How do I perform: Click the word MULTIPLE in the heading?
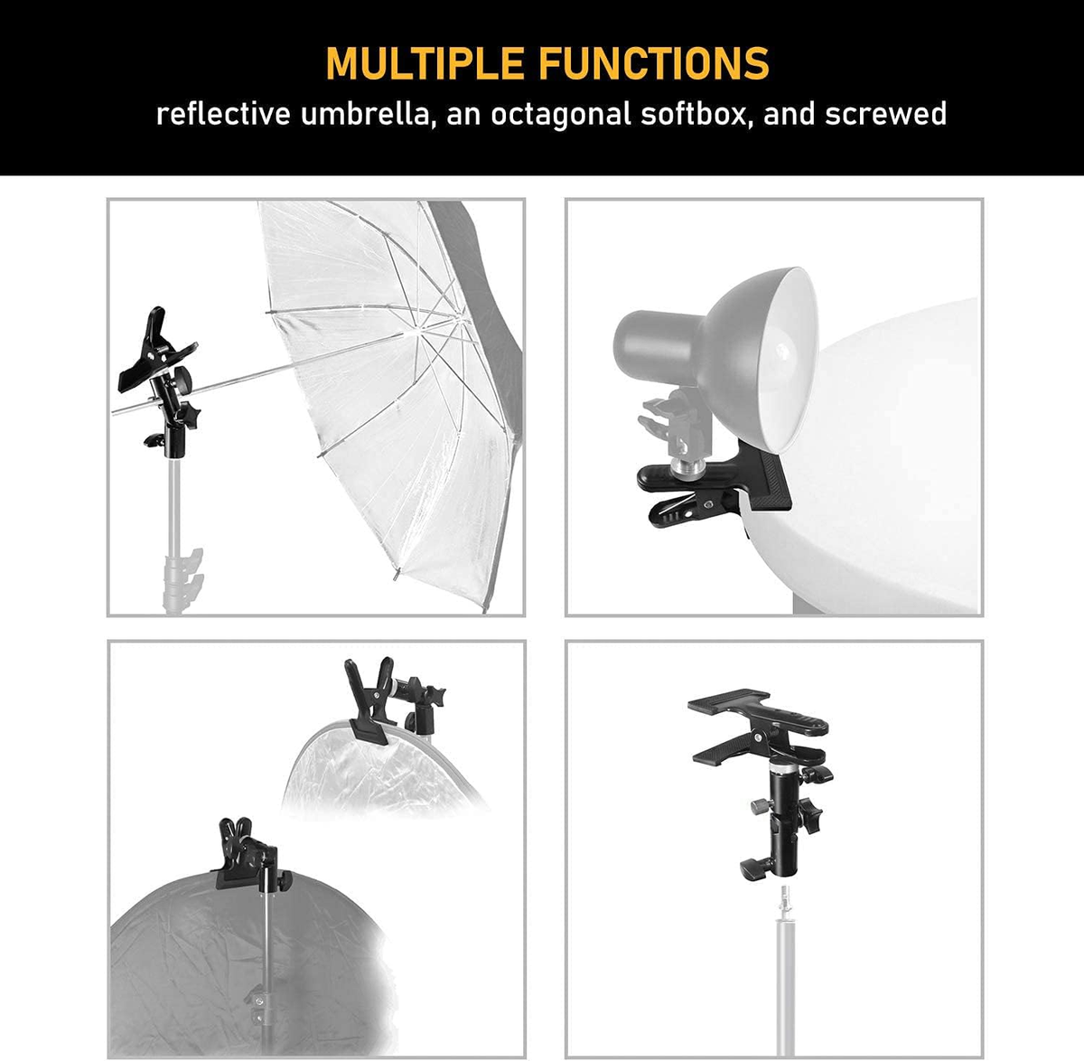[x=424, y=63]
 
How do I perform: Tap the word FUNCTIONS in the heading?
[x=654, y=63]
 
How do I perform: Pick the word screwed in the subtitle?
[x=885, y=115]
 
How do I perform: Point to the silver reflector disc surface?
[x=361, y=768]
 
